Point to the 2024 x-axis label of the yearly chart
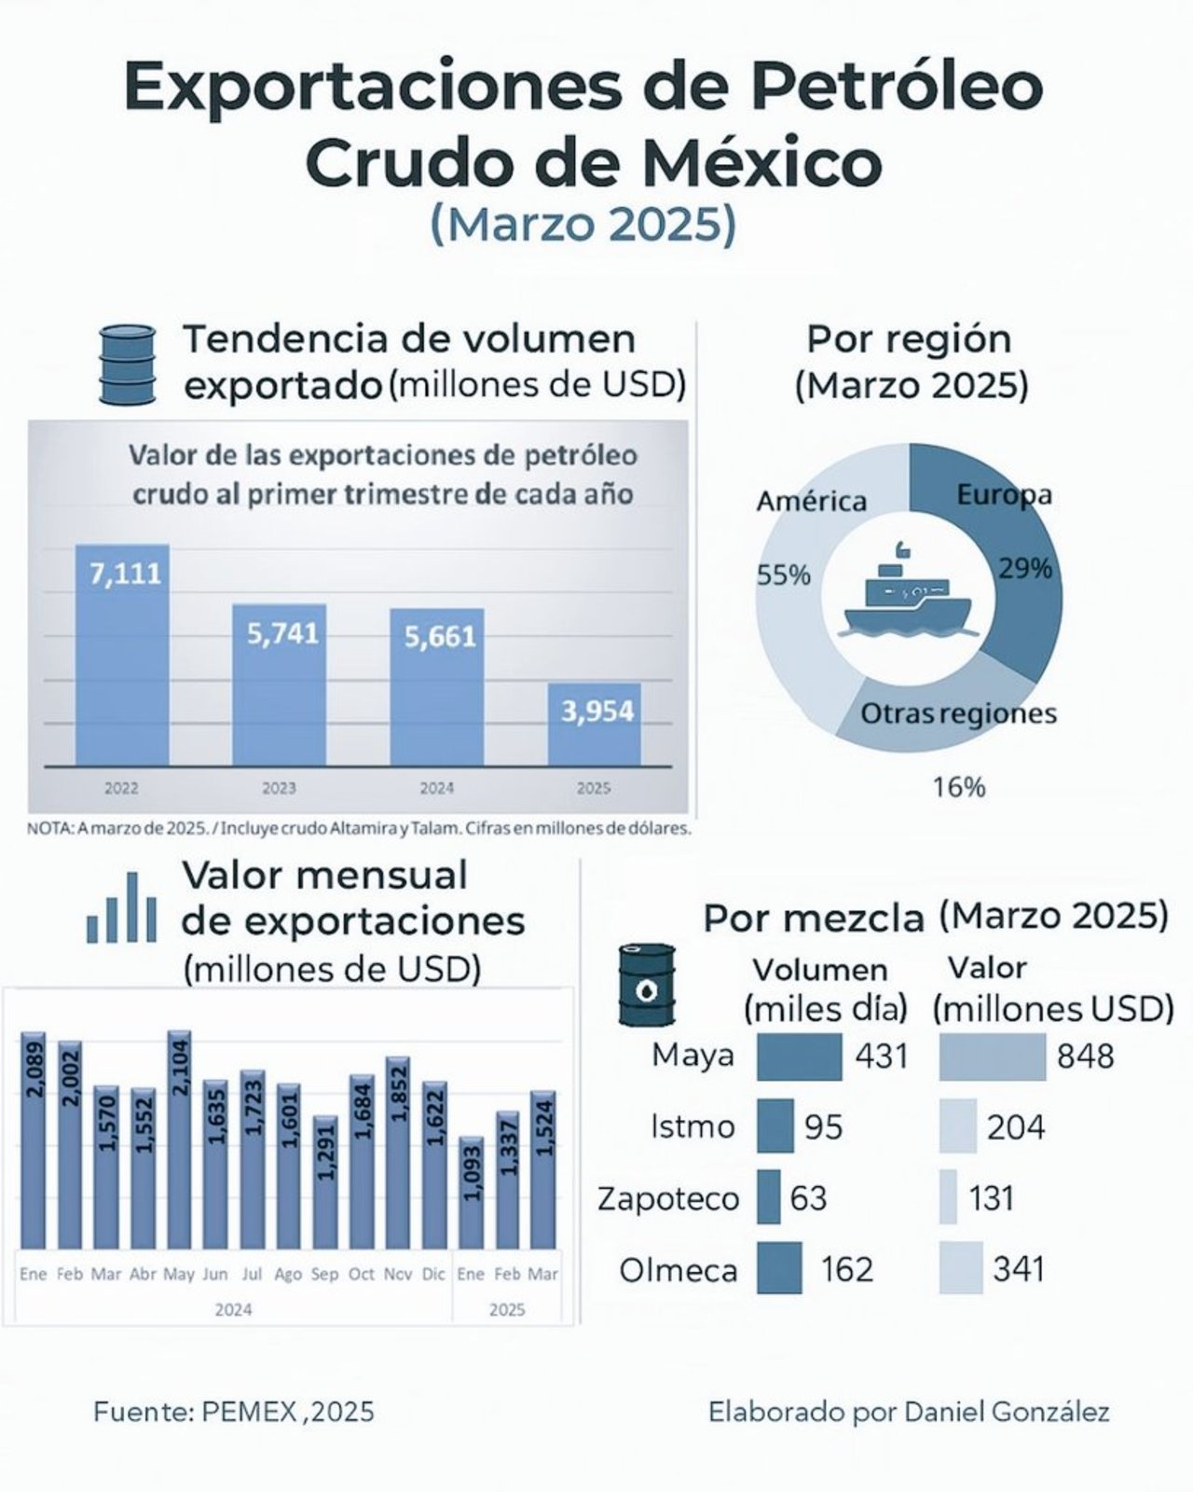tap(436, 788)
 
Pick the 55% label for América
tap(783, 575)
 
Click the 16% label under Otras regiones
tap(959, 788)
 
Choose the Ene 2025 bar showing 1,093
tap(472, 1193)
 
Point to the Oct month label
tap(361, 1274)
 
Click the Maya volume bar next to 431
tap(799, 1057)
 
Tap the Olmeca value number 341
tap(1019, 1269)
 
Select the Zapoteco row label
tap(668, 1198)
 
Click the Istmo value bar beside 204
tap(957, 1126)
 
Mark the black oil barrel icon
tap(647, 985)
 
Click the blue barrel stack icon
tap(126, 364)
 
